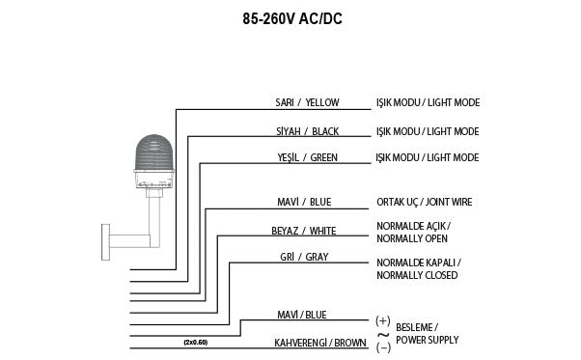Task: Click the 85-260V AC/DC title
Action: click(x=290, y=17)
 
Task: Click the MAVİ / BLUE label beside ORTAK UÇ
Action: click(x=302, y=203)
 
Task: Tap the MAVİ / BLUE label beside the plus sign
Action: click(x=302, y=315)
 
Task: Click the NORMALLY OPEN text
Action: click(x=413, y=237)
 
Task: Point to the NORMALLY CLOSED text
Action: click(x=417, y=276)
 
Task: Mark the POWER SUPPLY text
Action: click(x=428, y=340)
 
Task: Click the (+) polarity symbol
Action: click(x=382, y=319)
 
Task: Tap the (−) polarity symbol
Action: click(x=382, y=346)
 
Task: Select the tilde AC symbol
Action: click(x=382, y=333)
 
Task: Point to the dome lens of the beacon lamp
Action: click(x=154, y=152)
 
